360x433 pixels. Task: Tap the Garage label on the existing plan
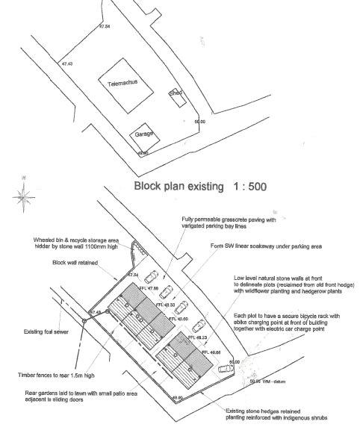[x=143, y=134]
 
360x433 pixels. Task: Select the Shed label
[x=176, y=94]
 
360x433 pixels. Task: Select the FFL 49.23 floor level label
[x=197, y=337]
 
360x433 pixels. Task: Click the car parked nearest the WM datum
[x=223, y=370]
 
